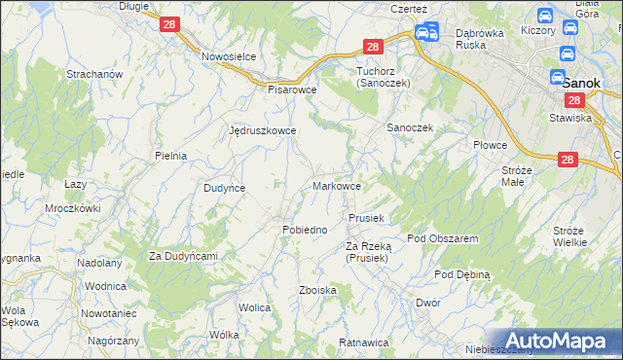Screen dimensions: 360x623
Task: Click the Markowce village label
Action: (x=338, y=186)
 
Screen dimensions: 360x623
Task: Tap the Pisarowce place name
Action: (x=293, y=89)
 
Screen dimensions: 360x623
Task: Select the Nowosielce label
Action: (x=229, y=56)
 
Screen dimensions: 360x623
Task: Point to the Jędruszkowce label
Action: (x=262, y=129)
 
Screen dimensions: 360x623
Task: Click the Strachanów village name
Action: (x=93, y=74)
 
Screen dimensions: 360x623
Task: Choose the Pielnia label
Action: (x=170, y=156)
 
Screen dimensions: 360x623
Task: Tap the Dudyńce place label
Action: (x=224, y=188)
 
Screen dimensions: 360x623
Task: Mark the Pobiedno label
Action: (x=304, y=230)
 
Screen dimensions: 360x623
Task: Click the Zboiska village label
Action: (x=317, y=291)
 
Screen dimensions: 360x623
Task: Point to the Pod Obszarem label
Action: (x=442, y=238)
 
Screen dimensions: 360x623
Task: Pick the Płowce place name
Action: (x=491, y=145)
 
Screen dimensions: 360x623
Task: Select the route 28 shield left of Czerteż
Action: (x=373, y=46)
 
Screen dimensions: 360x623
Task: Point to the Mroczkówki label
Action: (x=73, y=208)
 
